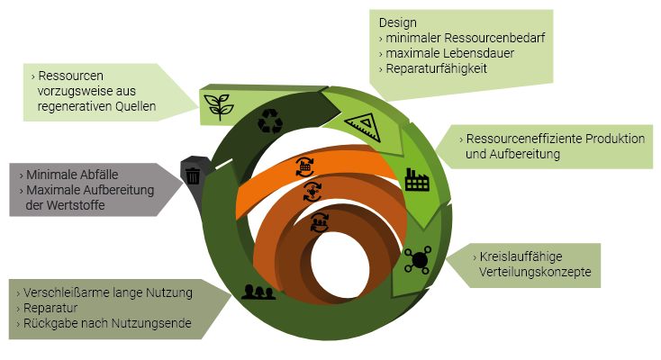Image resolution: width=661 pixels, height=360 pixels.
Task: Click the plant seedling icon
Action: [x=217, y=104]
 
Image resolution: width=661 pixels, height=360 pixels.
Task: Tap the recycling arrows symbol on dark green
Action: [x=270, y=121]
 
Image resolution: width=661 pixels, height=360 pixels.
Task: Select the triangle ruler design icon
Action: [x=358, y=126]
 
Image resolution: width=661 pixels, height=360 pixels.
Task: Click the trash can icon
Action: [x=193, y=174]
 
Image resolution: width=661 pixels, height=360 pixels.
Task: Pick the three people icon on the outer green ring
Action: [x=258, y=291]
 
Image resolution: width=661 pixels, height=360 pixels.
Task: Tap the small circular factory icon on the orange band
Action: [x=305, y=165]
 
